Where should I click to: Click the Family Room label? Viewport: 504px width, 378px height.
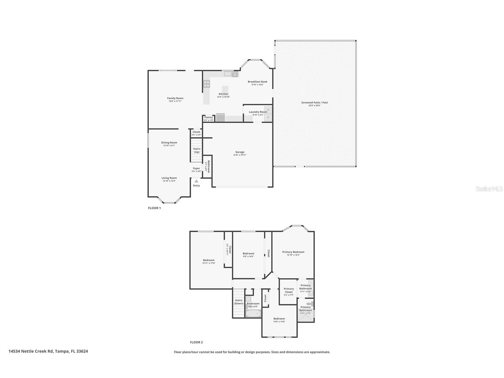[175, 98]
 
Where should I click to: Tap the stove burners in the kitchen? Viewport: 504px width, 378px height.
[206, 84]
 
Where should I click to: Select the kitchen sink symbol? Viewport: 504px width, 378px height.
[228, 74]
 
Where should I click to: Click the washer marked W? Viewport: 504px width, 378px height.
[268, 110]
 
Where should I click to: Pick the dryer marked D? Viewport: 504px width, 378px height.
[268, 118]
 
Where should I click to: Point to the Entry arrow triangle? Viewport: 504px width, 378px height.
[196, 181]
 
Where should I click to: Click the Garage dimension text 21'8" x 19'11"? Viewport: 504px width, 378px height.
[240, 155]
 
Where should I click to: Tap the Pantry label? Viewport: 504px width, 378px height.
[208, 117]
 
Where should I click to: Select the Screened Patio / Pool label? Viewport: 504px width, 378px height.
[314, 103]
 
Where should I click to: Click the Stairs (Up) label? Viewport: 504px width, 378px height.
[197, 150]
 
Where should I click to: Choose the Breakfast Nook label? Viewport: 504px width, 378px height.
[257, 82]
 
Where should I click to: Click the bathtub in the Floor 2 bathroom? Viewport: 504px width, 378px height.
[253, 314]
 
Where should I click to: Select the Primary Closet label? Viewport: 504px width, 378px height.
[288, 290]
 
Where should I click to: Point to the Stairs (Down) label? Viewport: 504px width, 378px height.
[238, 302]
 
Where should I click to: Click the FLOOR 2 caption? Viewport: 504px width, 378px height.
[196, 342]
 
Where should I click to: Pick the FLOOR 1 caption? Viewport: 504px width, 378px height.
[154, 208]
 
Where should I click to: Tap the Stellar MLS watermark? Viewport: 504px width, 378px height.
[489, 189]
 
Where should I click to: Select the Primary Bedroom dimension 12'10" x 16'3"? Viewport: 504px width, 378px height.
[293, 255]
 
